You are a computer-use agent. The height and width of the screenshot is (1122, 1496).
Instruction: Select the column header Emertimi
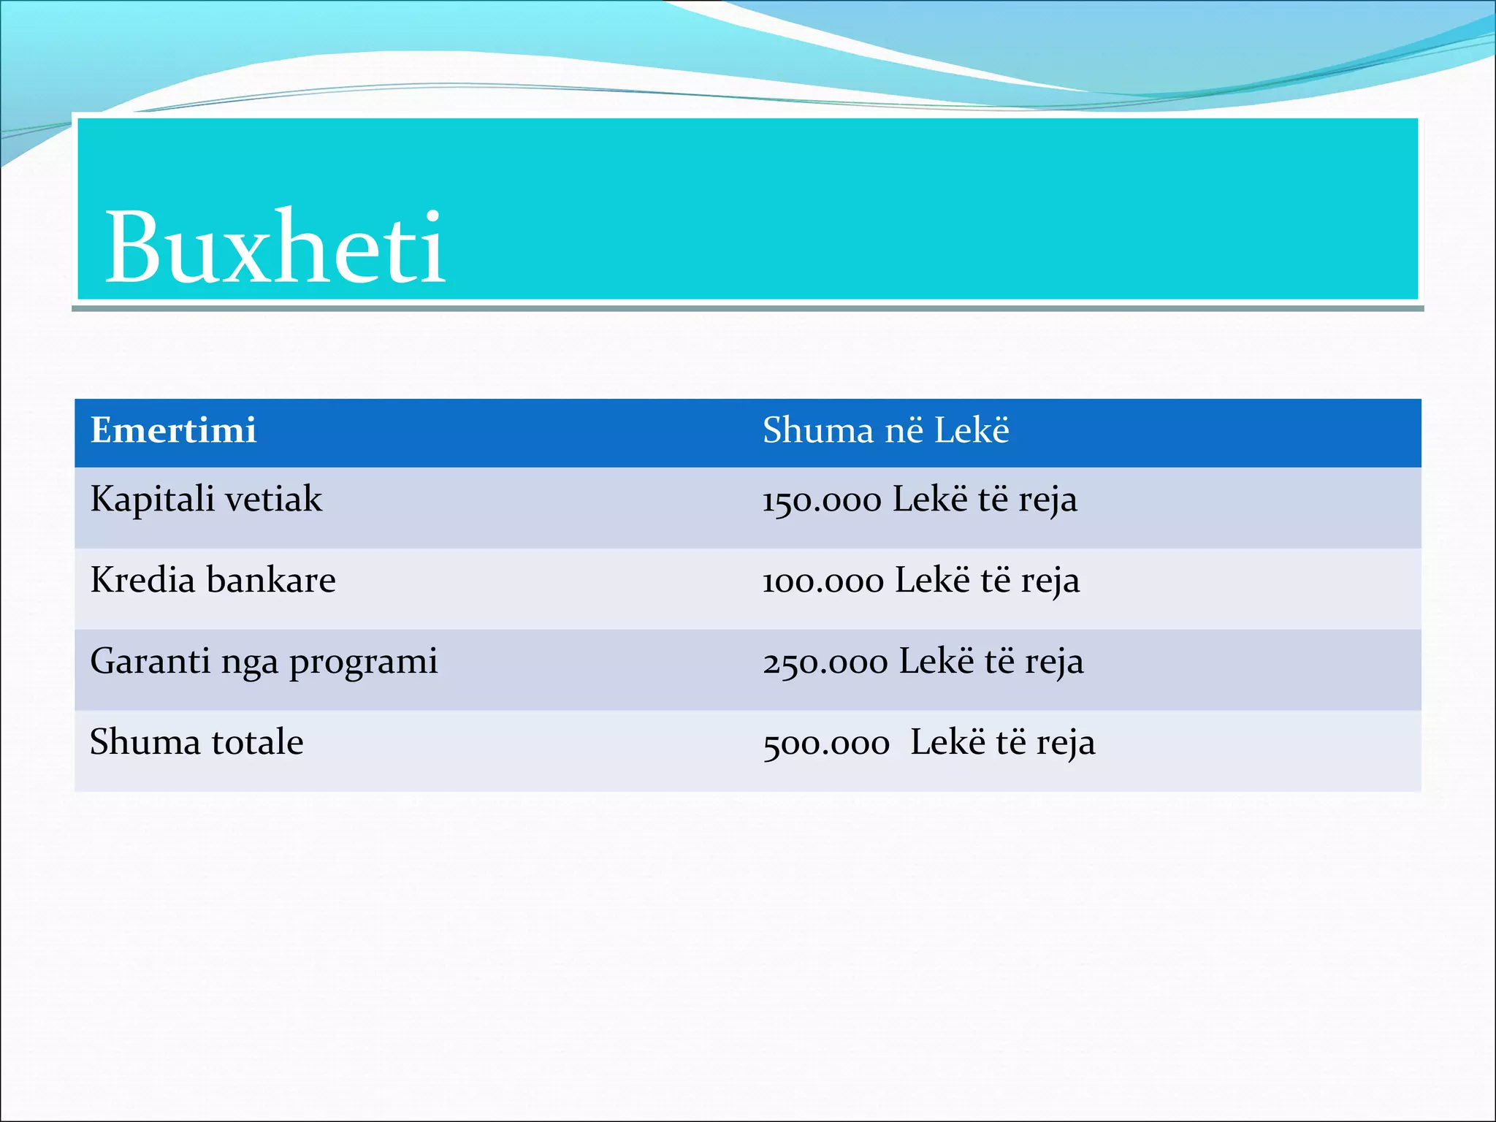click(x=173, y=430)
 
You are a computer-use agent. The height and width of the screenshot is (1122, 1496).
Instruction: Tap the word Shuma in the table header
click(x=817, y=430)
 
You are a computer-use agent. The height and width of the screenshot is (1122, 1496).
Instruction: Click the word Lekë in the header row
click(x=972, y=430)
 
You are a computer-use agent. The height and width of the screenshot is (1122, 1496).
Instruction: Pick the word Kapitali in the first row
click(x=152, y=500)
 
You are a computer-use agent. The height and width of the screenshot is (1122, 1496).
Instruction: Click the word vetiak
click(x=273, y=500)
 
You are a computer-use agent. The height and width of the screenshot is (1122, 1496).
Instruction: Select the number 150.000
click(x=822, y=501)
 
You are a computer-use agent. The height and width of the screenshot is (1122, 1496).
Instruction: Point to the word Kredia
click(x=142, y=581)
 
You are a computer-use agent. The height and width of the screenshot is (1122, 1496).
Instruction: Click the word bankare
click(x=271, y=581)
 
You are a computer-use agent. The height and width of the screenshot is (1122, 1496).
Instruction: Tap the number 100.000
click(x=823, y=582)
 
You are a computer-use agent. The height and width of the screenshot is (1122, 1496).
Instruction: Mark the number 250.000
click(x=825, y=663)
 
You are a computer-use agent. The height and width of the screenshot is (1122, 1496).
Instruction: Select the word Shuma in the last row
click(x=145, y=742)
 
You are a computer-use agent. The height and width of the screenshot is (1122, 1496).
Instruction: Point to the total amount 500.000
click(x=826, y=744)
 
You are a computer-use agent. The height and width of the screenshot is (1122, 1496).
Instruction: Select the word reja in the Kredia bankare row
click(x=1050, y=582)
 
